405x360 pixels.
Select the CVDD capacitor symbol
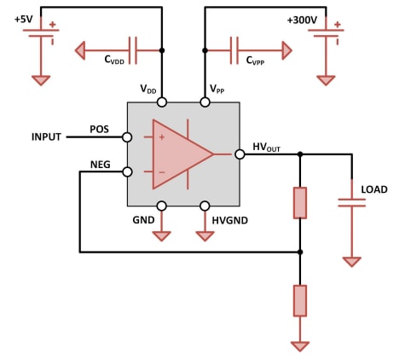pyautogui.click(x=132, y=50)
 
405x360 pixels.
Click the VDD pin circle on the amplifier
pyautogui.click(x=162, y=102)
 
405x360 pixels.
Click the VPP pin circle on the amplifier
pyautogui.click(x=205, y=102)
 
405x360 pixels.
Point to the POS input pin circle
pyautogui.click(x=127, y=136)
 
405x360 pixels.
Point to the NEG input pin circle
pyautogui.click(x=127, y=171)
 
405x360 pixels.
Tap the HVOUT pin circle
pyautogui.click(x=240, y=154)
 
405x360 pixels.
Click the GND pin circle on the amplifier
pyautogui.click(x=162, y=206)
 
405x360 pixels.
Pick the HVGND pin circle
pyautogui.click(x=205, y=206)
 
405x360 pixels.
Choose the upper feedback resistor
pyautogui.click(x=300, y=203)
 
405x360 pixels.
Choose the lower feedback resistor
pyautogui.click(x=300, y=300)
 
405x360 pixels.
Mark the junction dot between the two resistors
pyautogui.click(x=300, y=252)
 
